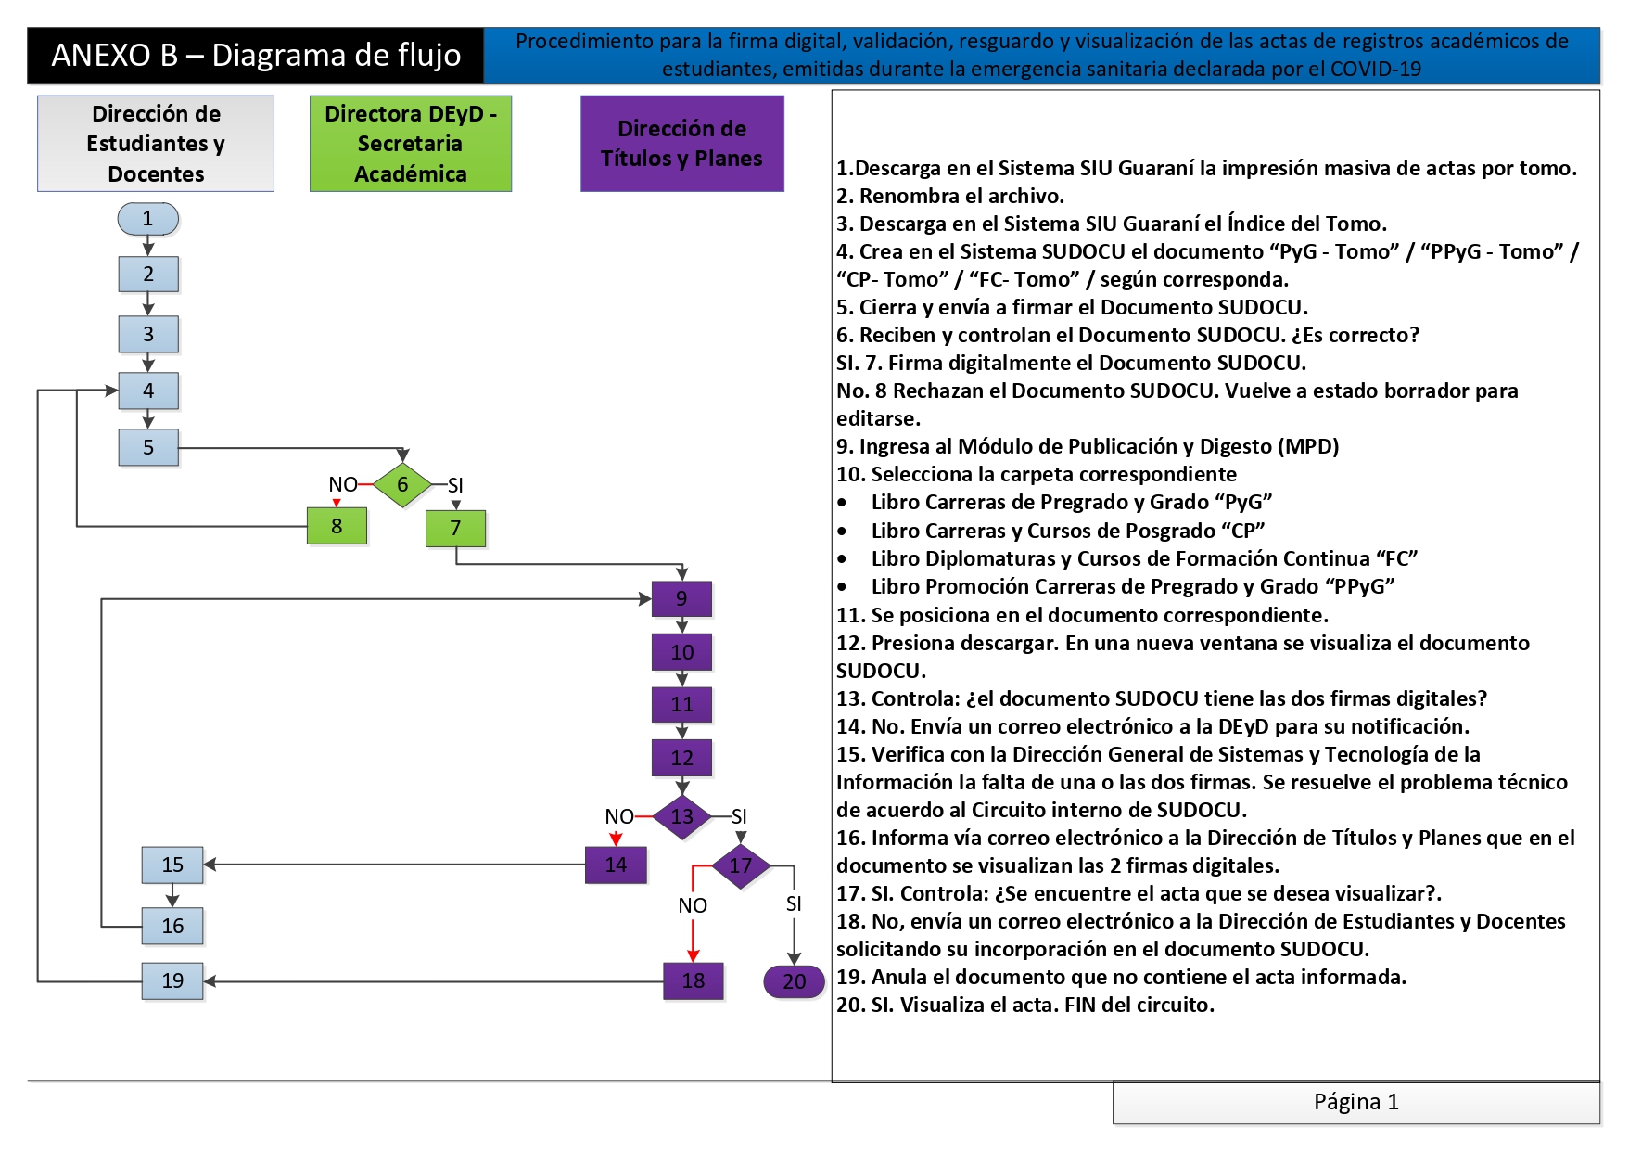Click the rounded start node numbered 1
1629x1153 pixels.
(147, 219)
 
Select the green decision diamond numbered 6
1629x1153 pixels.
(402, 484)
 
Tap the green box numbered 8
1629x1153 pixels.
(337, 526)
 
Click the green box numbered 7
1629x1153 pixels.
(455, 528)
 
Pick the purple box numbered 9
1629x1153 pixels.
(681, 598)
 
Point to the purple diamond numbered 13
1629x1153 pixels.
(681, 816)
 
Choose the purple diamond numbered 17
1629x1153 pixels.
(740, 866)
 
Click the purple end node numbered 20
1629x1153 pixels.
(794, 981)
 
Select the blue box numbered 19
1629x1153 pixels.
(172, 980)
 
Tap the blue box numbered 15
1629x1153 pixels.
(172, 865)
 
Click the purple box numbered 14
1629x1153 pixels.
(616, 865)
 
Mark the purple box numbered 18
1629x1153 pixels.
(694, 980)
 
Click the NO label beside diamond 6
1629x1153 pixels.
(343, 484)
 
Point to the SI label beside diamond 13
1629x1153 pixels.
(739, 816)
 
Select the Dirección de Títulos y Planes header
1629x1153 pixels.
(682, 144)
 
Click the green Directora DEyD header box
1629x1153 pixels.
(411, 144)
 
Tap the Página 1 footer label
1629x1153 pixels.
(1356, 1102)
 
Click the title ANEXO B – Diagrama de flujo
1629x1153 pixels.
(256, 56)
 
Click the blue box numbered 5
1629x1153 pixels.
(148, 447)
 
